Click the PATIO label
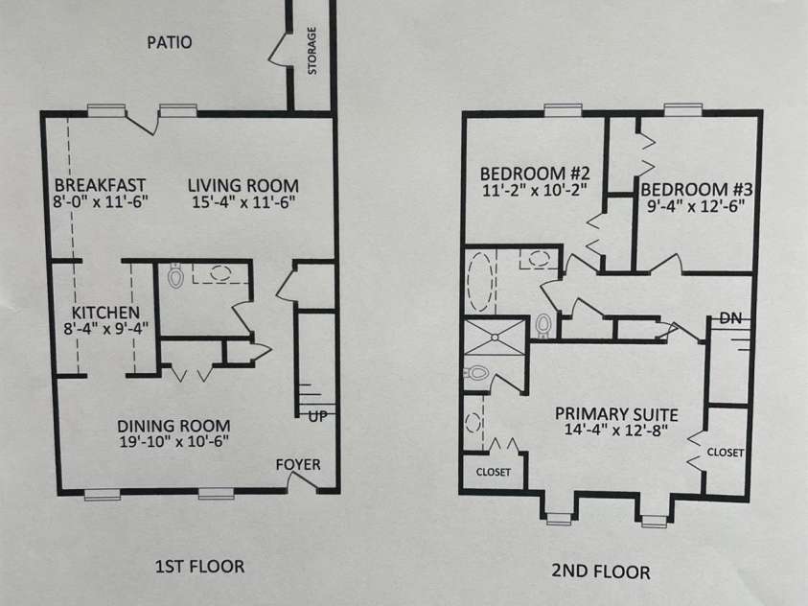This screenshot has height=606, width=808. click(170, 42)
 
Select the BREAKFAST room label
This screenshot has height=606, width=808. click(100, 185)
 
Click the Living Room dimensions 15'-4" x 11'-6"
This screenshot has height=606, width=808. click(242, 202)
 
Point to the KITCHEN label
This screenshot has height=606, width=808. click(106, 313)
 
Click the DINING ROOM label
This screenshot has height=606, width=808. click(173, 425)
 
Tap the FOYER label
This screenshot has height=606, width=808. click(298, 465)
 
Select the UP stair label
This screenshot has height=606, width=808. click(315, 416)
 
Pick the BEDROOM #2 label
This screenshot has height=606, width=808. click(534, 174)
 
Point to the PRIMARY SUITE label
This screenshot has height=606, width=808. click(616, 414)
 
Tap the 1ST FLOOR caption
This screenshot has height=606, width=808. click(199, 567)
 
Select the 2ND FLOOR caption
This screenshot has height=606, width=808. click(601, 571)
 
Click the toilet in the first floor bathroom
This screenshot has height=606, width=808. click(174, 277)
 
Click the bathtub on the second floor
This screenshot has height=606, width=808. click(478, 282)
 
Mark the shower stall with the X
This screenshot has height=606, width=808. click(495, 336)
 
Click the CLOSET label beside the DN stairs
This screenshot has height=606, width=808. click(725, 452)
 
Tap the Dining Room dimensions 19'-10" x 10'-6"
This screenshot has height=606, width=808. click(173, 442)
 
